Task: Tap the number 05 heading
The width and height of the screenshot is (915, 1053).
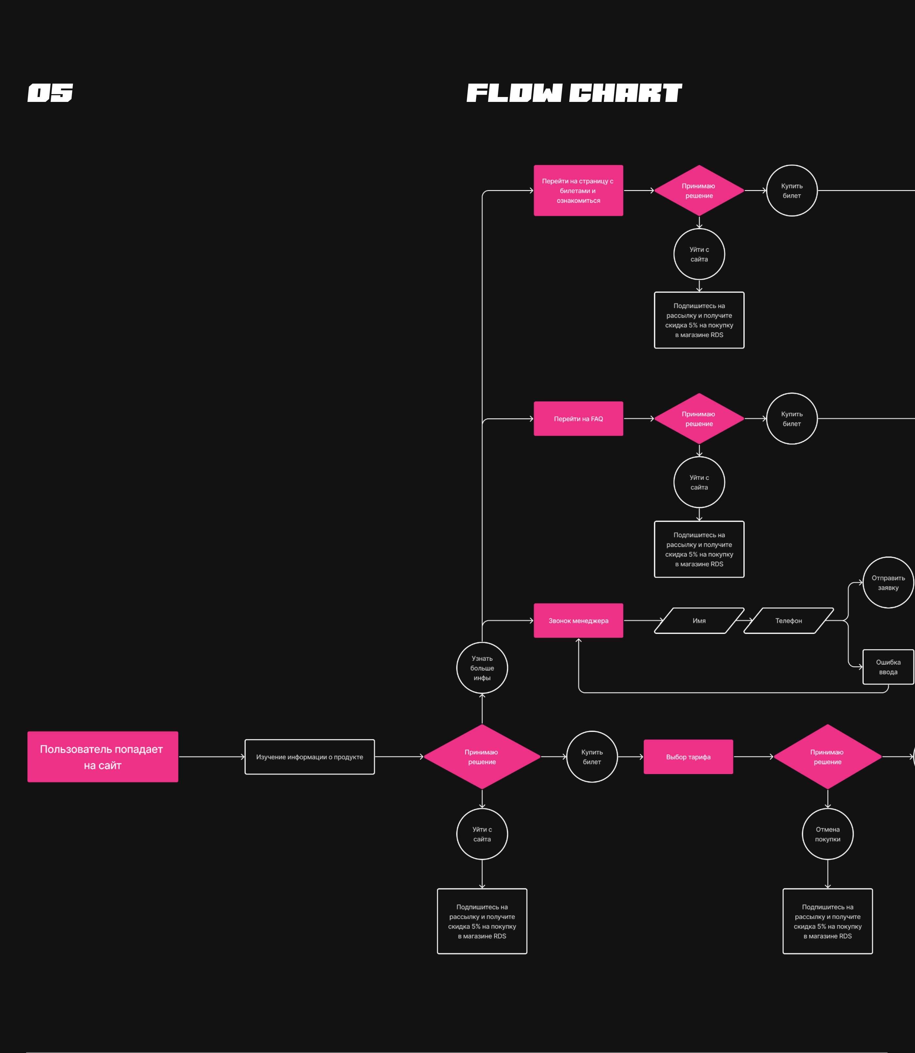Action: click(x=50, y=93)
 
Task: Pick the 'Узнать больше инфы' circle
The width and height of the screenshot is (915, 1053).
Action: click(x=482, y=668)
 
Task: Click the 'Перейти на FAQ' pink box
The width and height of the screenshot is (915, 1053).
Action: click(x=578, y=418)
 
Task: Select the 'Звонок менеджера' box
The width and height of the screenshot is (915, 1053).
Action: click(x=578, y=620)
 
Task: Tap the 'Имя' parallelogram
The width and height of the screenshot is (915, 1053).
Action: click(x=699, y=620)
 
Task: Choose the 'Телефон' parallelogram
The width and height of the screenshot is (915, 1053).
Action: click(x=788, y=620)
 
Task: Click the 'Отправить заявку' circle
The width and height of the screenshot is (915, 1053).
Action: click(x=888, y=582)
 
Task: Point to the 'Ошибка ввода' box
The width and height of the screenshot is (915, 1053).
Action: click(x=888, y=667)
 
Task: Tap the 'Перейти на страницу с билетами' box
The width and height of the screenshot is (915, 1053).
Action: click(x=578, y=190)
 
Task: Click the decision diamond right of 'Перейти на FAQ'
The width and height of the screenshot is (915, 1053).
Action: click(x=699, y=418)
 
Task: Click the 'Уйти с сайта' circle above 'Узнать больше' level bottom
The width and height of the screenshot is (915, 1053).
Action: click(x=482, y=834)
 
